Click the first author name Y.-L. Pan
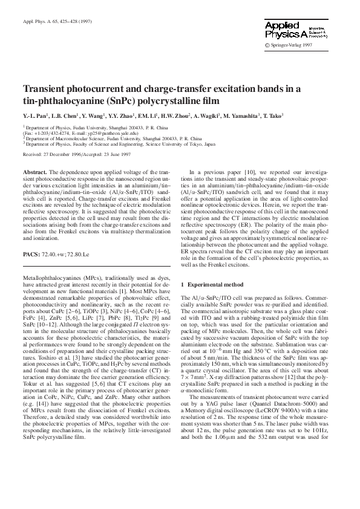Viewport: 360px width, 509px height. click(35, 115)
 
